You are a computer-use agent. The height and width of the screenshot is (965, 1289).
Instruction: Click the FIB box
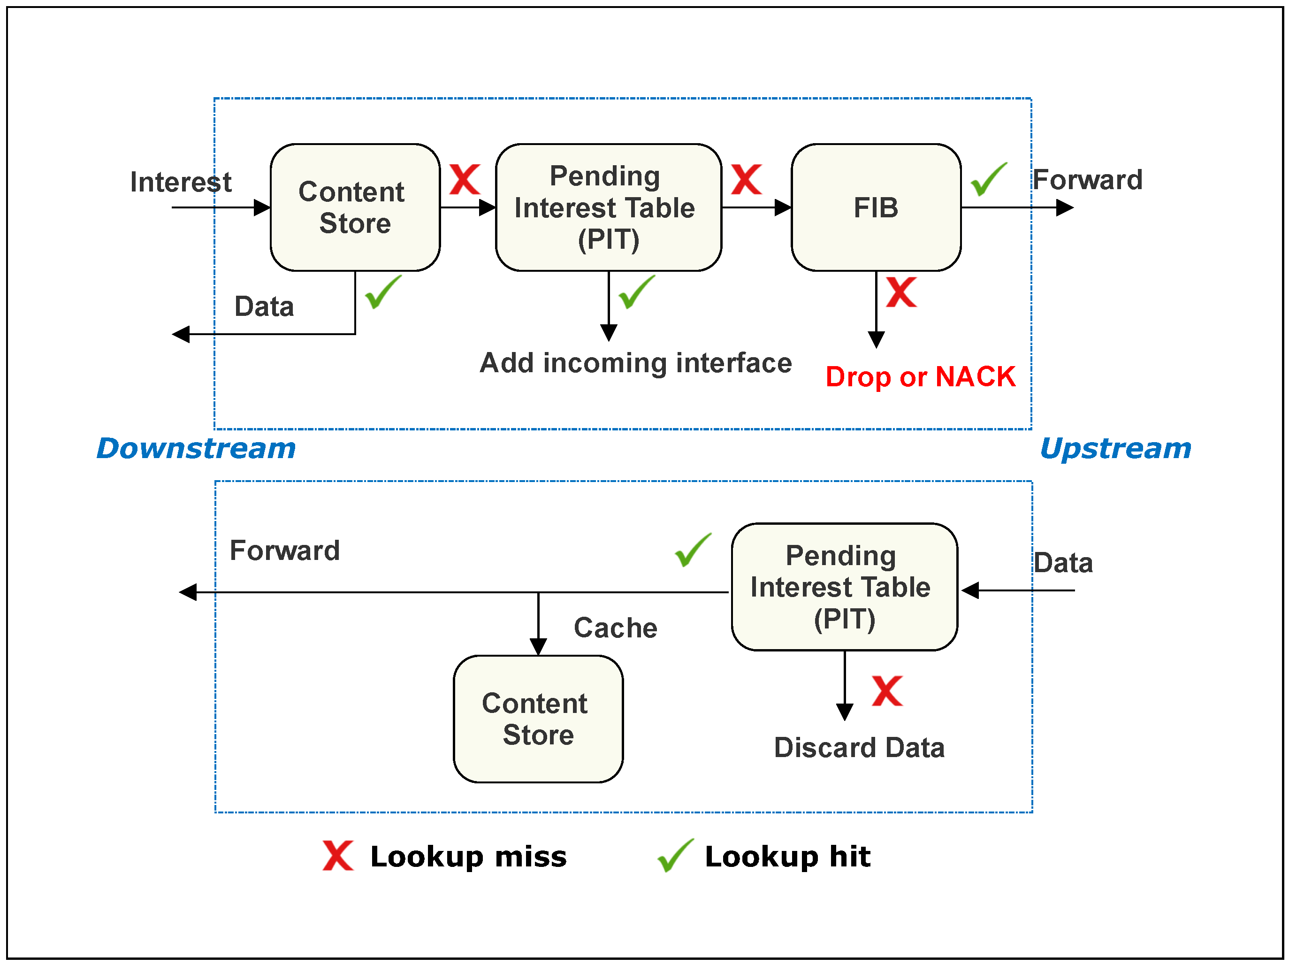tap(876, 207)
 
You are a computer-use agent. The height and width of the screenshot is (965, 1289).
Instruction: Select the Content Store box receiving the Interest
tap(355, 207)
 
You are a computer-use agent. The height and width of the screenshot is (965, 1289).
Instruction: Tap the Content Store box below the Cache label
tap(538, 719)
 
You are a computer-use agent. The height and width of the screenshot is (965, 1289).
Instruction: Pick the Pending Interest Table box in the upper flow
tap(609, 207)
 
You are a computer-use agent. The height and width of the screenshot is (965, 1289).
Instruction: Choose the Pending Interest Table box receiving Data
tap(844, 587)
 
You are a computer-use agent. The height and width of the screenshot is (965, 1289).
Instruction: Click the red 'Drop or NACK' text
tap(921, 377)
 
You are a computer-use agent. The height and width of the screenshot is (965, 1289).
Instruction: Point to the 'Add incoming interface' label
tap(636, 363)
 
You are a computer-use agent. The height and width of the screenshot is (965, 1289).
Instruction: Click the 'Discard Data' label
tap(859, 748)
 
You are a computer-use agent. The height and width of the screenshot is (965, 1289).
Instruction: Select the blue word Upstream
tap(1116, 449)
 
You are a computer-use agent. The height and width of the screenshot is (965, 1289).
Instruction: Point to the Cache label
tap(615, 628)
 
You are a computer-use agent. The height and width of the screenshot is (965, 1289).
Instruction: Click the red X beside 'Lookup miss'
tap(338, 856)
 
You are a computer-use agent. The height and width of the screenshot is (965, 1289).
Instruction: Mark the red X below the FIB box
tap(901, 292)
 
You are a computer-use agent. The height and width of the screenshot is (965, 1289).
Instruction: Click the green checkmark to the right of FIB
tap(989, 179)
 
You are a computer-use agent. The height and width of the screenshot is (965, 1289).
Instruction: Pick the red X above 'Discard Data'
tap(887, 690)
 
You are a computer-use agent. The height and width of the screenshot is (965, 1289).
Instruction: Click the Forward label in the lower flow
tap(284, 551)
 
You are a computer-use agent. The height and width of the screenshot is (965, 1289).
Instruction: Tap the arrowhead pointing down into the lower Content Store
tap(538, 646)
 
